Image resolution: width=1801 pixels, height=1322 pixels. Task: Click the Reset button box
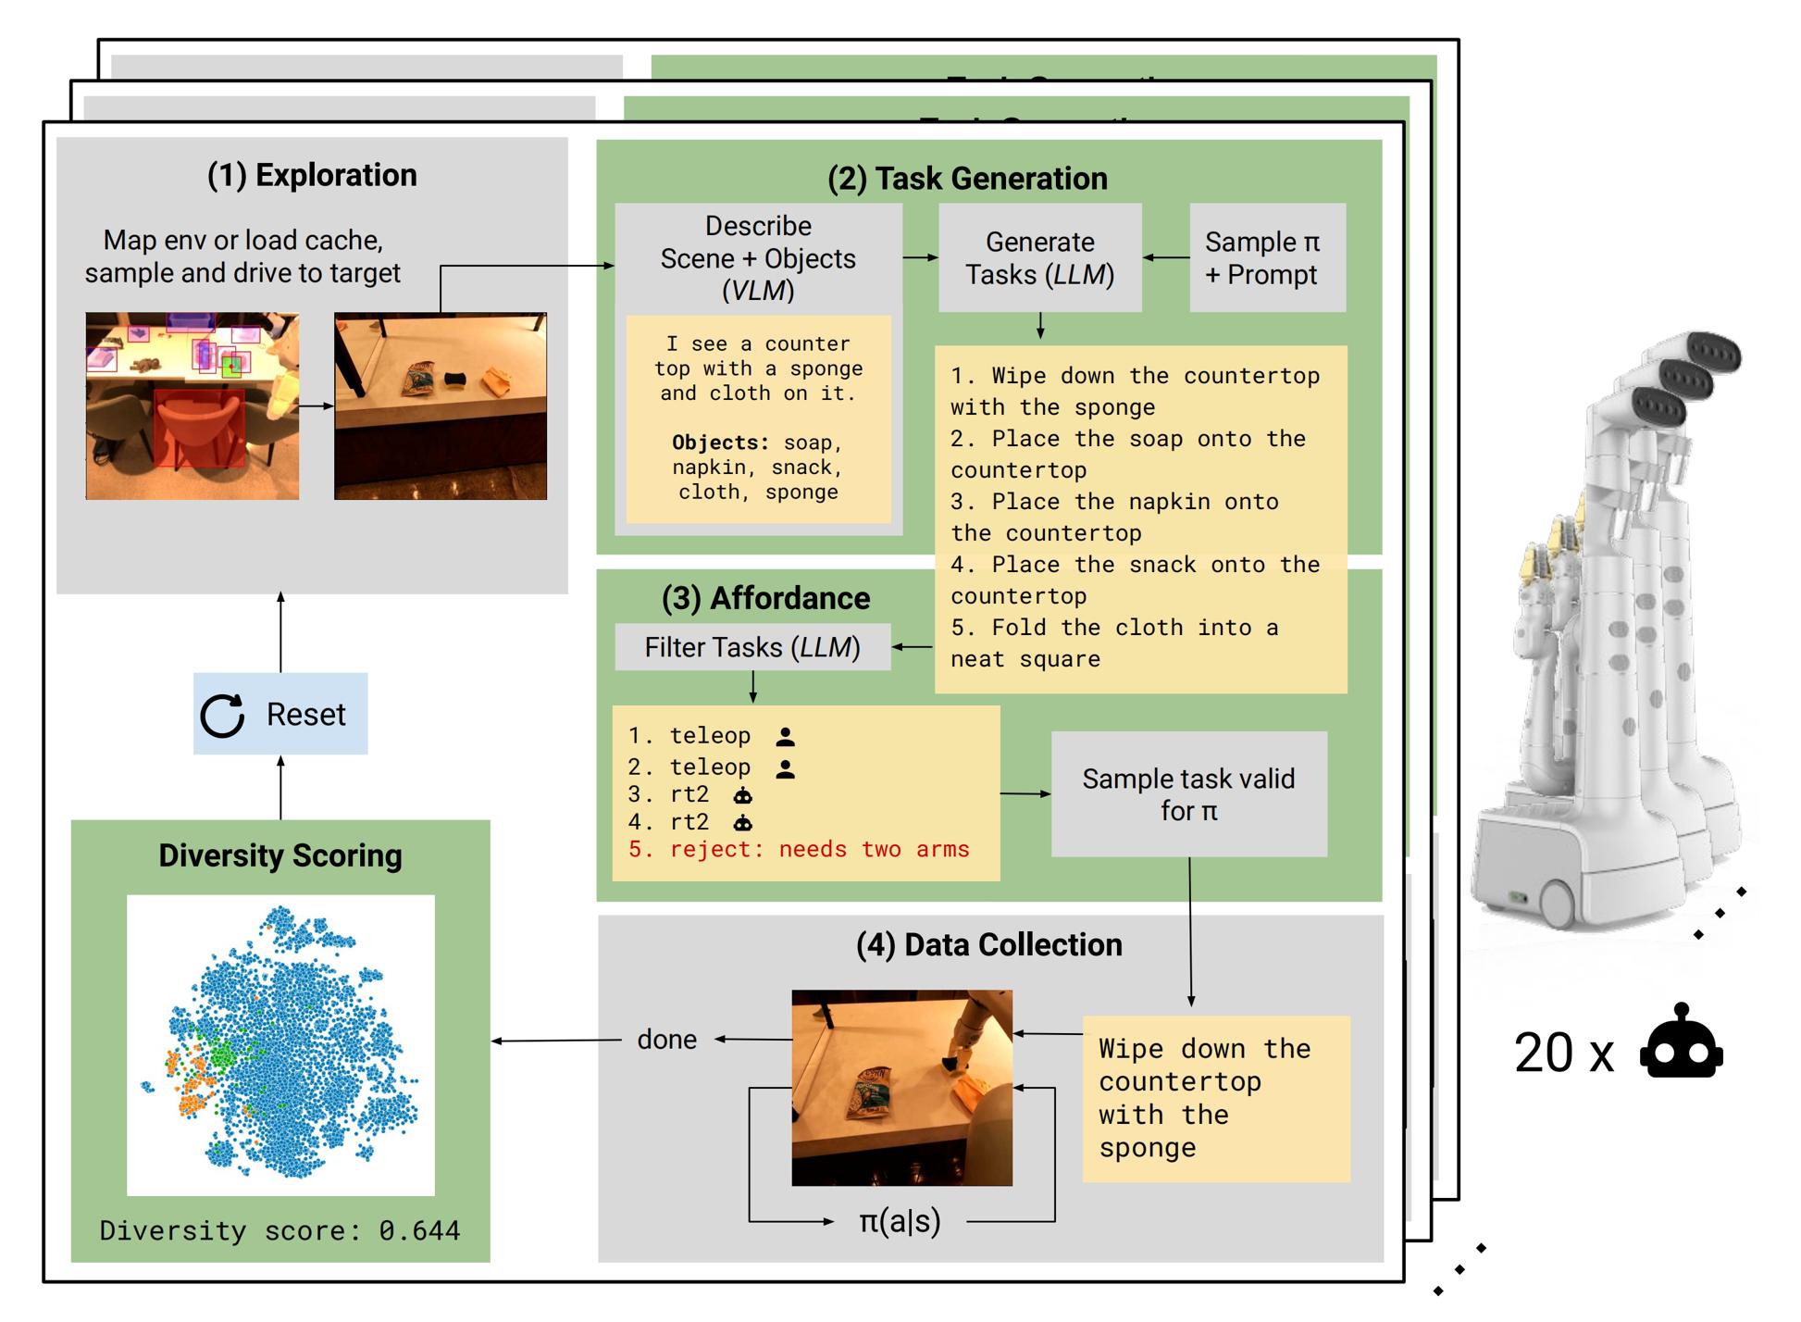tap(280, 714)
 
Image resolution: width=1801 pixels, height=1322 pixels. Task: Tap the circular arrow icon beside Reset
tap(222, 716)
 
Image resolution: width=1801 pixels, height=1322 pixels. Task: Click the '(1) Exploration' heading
tap(312, 175)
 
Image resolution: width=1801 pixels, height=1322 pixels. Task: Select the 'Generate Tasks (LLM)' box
tap(1040, 258)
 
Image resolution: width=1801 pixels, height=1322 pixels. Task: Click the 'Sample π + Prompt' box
tap(1267, 258)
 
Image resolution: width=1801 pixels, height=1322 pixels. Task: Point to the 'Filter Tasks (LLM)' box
tap(752, 647)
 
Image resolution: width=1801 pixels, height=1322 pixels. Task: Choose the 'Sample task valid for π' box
tap(1189, 794)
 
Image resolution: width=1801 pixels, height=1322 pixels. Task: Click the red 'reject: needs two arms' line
tap(799, 850)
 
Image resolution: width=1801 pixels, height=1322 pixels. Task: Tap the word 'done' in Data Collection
tap(667, 1039)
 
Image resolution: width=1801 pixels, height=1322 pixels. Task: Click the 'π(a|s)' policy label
tap(900, 1222)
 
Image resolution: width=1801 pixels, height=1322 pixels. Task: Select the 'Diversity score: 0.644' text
tap(279, 1230)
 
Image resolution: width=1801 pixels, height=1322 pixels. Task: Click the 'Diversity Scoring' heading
tap(280, 855)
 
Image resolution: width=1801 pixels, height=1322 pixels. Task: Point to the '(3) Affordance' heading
tap(765, 598)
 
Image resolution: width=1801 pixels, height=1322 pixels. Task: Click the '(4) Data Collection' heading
tap(989, 944)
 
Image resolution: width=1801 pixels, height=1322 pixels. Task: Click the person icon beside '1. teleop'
tap(786, 737)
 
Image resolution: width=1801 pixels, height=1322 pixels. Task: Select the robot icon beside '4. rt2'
tap(742, 822)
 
